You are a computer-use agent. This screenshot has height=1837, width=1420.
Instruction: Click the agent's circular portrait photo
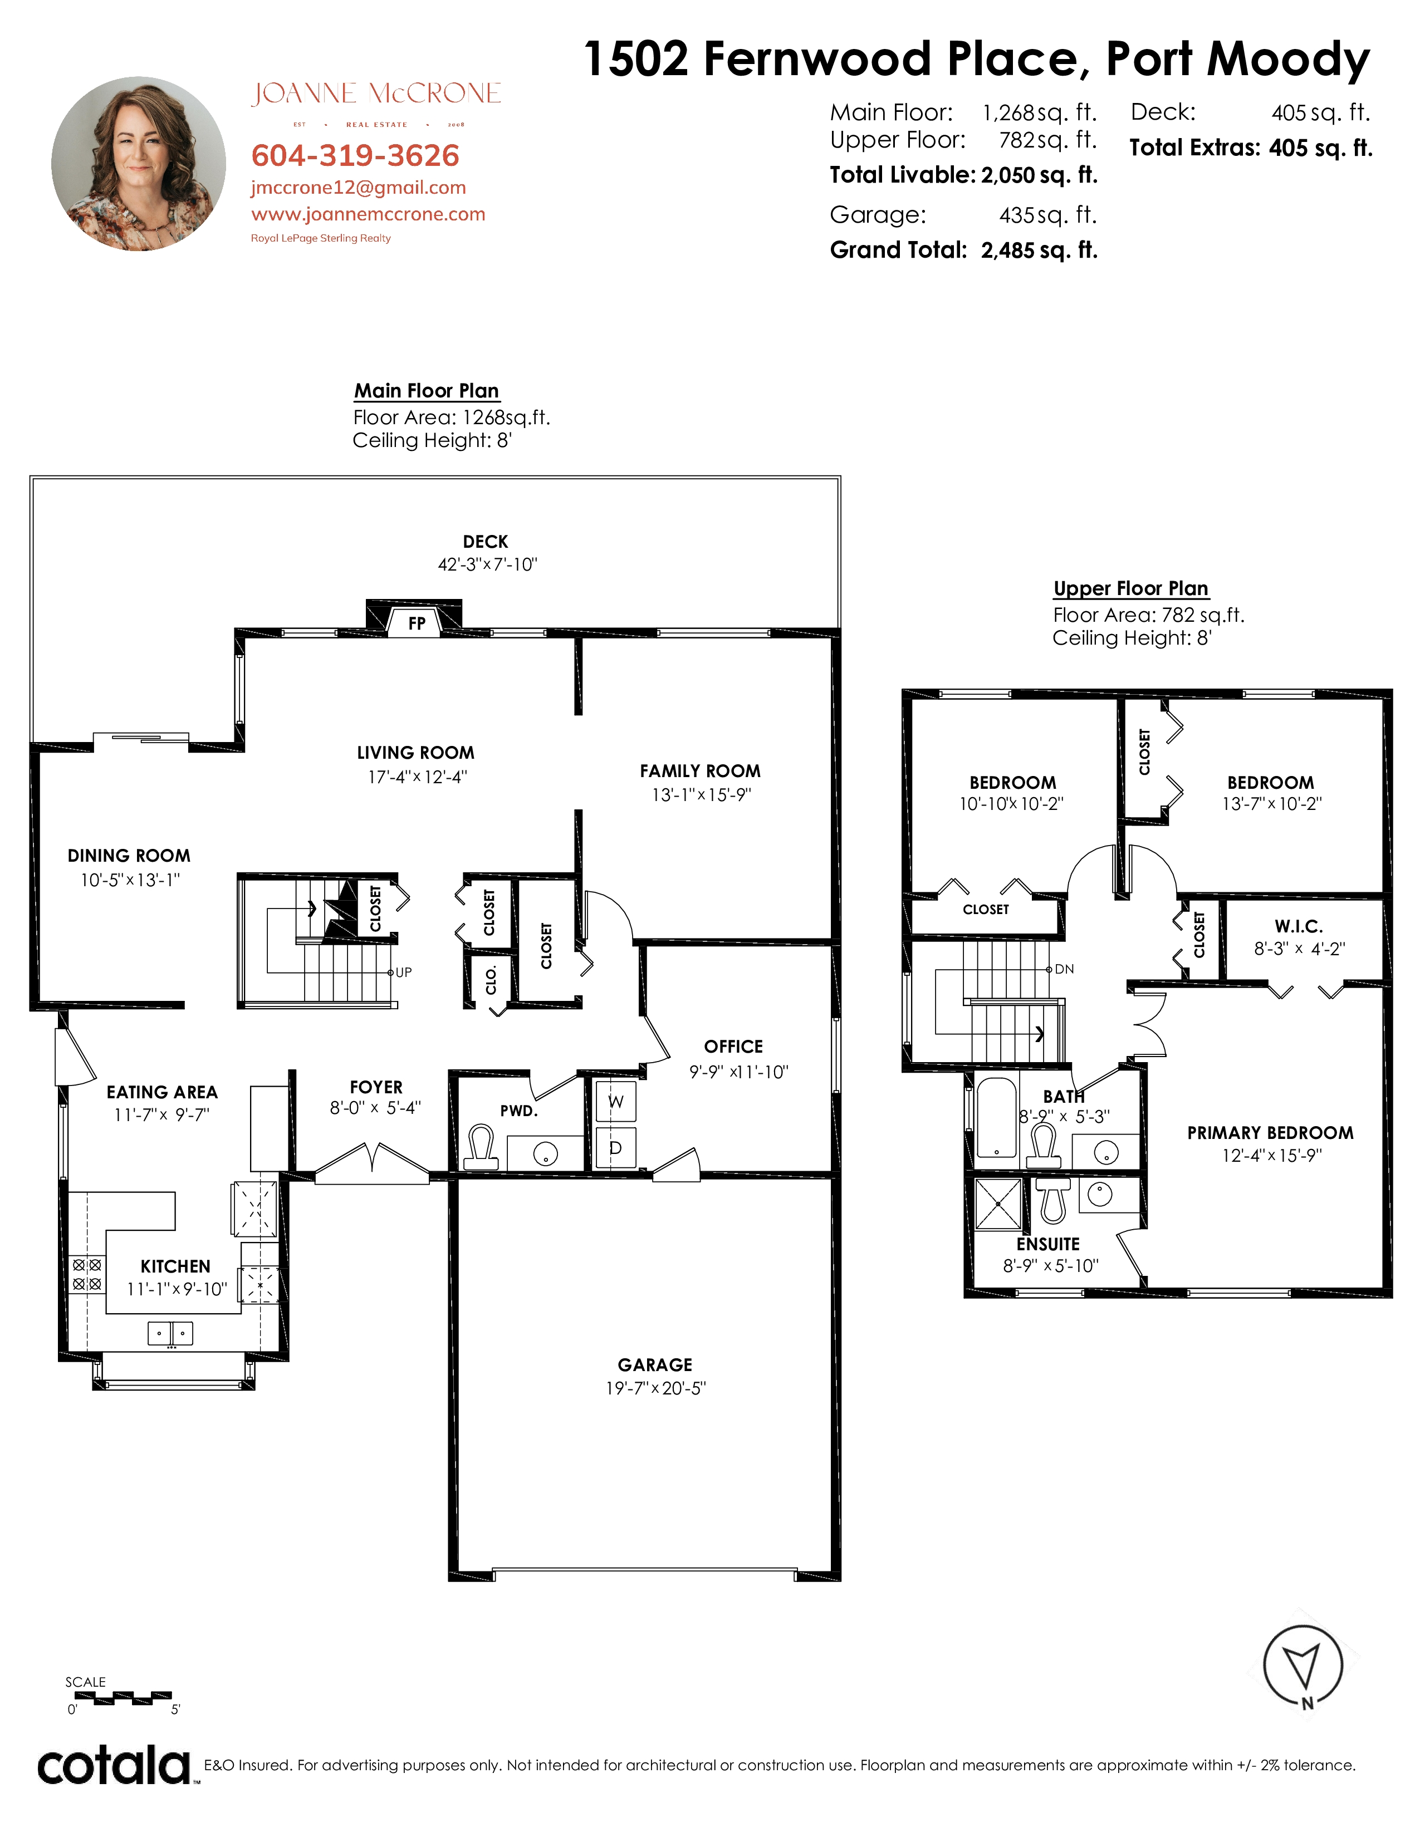tap(139, 164)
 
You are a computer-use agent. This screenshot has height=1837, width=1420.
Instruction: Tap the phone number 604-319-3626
tap(355, 156)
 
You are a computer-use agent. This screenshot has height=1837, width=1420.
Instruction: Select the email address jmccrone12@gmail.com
tap(359, 188)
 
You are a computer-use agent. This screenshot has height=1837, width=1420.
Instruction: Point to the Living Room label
tap(415, 753)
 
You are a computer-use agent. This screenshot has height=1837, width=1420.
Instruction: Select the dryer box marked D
tap(616, 1147)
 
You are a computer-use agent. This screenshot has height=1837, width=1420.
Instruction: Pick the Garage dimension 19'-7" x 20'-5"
tap(655, 1389)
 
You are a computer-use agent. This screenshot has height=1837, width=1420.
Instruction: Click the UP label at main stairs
tap(404, 972)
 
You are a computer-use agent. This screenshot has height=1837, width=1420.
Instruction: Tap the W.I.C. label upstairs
tap(1299, 926)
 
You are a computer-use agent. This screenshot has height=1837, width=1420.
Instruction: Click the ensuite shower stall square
tap(998, 1204)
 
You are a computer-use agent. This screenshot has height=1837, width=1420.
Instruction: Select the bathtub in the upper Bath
tap(997, 1117)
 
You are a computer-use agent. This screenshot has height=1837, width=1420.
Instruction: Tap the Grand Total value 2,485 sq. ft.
tap(1039, 250)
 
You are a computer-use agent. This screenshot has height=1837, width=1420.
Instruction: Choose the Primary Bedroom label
tap(1270, 1133)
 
